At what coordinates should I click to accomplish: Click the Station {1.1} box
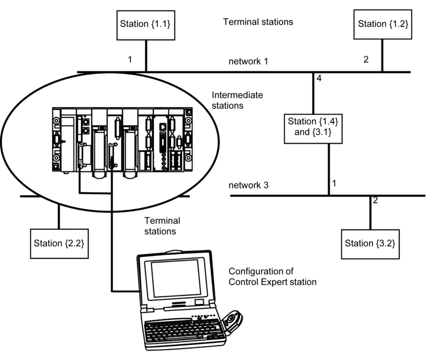(146, 25)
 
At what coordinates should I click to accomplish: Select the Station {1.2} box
(382, 24)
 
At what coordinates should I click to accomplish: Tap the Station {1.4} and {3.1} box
(313, 129)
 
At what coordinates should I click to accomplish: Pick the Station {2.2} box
(59, 244)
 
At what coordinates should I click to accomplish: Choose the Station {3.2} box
(371, 244)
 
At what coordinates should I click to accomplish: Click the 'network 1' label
(249, 62)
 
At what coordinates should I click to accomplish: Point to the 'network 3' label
(249, 185)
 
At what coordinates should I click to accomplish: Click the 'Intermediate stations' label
(237, 100)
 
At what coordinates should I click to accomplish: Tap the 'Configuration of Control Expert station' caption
(272, 277)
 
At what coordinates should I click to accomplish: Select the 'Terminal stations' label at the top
(258, 22)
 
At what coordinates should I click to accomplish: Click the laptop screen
(176, 279)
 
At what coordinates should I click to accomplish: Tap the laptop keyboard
(183, 331)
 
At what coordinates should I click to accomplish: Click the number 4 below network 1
(319, 78)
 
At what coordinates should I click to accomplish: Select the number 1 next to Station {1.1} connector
(130, 59)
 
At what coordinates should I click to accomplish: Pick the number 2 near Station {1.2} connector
(366, 59)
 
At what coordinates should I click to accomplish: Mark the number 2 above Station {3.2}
(375, 200)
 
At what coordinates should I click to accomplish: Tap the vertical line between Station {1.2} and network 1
(382, 55)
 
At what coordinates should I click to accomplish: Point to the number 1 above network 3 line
(334, 183)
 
